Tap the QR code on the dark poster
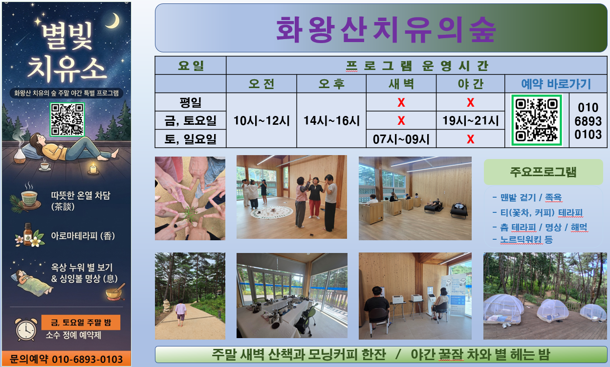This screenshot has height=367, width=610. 67,119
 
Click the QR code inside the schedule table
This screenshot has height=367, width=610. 537,120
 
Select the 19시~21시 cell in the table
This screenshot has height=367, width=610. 470,120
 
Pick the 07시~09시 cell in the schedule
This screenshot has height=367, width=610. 401,139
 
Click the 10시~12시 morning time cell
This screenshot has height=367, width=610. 261,120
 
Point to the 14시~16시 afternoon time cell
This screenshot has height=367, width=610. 331,120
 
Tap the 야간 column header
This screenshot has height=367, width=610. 470,84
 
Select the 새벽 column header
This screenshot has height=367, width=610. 401,84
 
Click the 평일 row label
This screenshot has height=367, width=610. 190,102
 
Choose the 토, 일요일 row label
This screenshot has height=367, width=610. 190,139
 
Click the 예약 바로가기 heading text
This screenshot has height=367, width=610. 556,84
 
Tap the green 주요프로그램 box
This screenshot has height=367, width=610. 544,172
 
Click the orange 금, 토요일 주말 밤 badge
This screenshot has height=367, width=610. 81,322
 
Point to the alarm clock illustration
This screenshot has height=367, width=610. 26,329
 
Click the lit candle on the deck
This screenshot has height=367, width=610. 93,169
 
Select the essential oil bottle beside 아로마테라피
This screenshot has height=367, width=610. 28,235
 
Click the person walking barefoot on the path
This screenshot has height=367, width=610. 180,313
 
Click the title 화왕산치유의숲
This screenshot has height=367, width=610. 386,29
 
